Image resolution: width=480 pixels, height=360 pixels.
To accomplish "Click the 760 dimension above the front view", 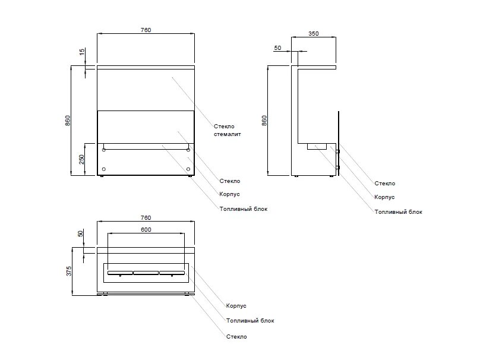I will coord(146,30).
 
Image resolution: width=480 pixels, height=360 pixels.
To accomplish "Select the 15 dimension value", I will coord(82,52).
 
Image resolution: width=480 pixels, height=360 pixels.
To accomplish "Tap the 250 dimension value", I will coord(82,159).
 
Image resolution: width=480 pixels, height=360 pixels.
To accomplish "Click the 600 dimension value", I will coord(146,229).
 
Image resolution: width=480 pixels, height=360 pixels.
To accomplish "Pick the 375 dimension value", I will coord(69,271).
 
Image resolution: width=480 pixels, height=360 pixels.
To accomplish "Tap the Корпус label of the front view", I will coord(229,194).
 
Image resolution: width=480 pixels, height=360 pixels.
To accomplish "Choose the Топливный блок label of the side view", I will coord(399,211).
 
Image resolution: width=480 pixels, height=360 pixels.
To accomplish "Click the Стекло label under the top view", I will coord(236,337).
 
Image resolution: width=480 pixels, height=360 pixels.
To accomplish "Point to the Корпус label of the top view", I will coord(236,306).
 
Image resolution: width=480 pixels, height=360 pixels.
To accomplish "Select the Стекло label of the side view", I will coord(385,184).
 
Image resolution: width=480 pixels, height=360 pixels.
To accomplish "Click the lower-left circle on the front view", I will coord(105,169).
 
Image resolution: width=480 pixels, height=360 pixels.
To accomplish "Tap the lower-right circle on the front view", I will coord(188,169).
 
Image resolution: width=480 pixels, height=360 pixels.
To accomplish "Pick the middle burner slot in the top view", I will coord(146,273).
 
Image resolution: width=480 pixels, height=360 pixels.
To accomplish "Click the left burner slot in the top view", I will coord(120,273).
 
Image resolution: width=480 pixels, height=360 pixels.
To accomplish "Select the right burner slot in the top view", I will coord(172,273).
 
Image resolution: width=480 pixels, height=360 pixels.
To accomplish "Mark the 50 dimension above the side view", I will coord(278,48).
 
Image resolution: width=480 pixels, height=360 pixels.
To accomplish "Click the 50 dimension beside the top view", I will coord(82,235).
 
